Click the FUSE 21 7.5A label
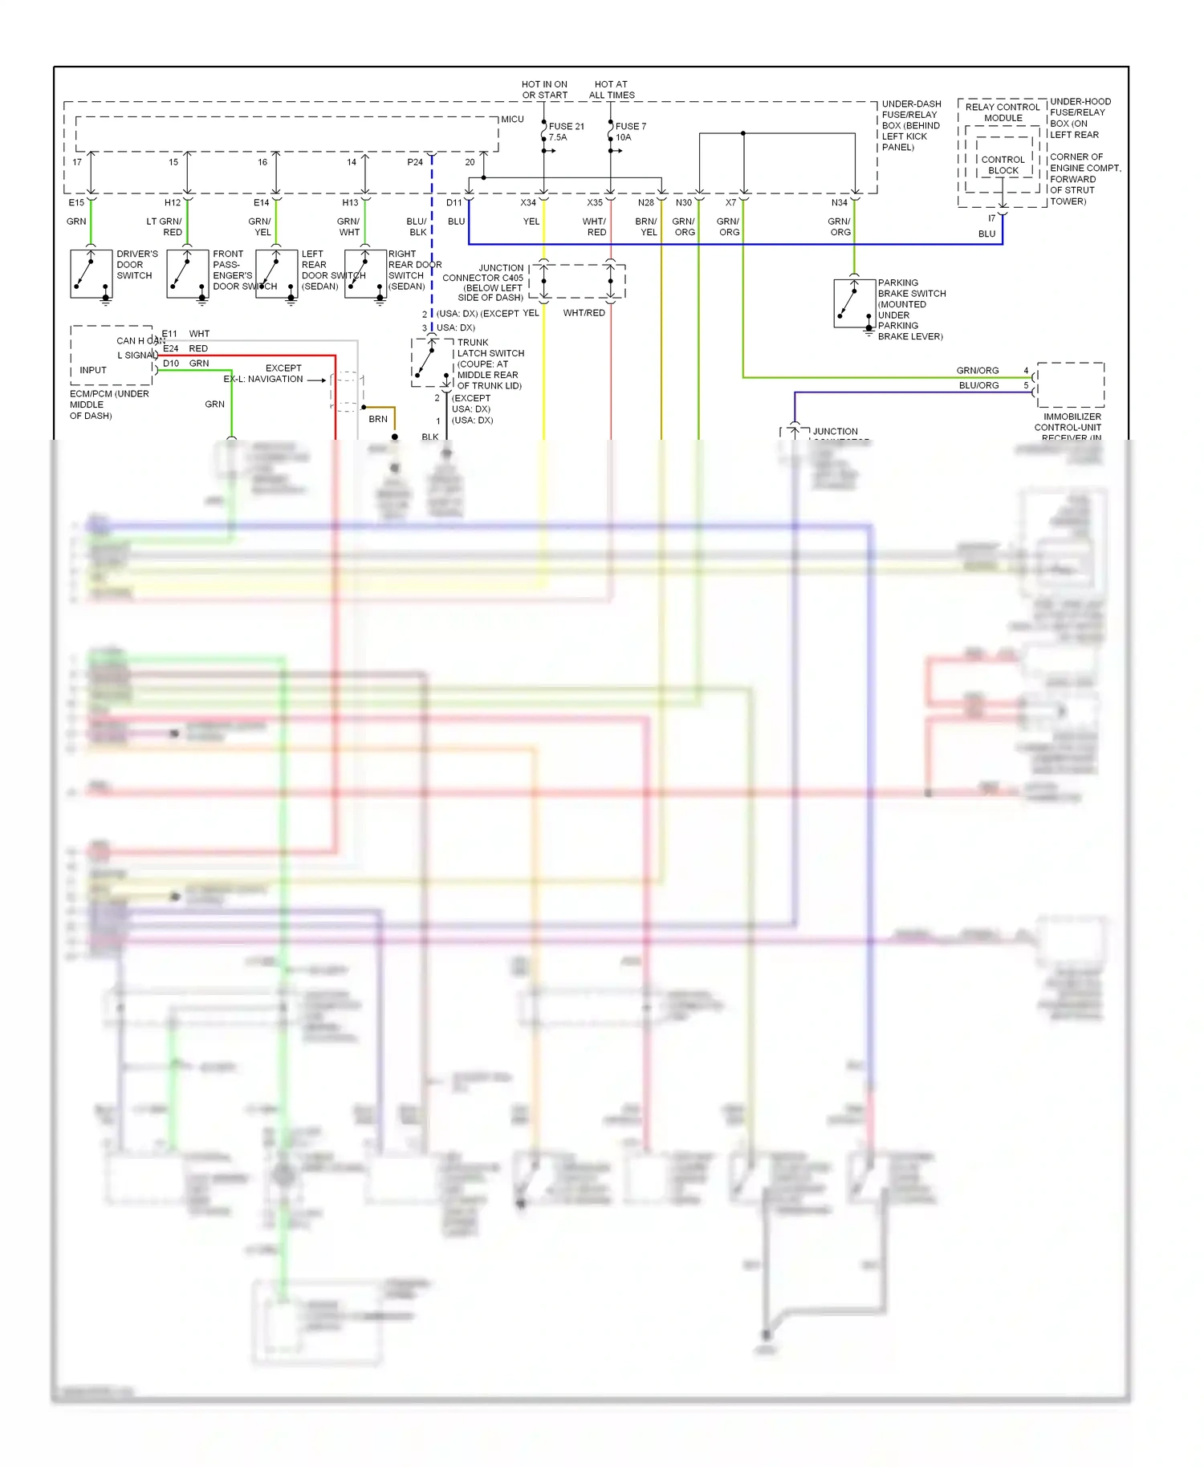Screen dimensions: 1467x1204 [x=566, y=132]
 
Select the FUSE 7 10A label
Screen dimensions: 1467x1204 [x=630, y=132]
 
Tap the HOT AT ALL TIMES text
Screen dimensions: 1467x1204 [x=612, y=90]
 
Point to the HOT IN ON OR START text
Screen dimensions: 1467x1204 [x=544, y=90]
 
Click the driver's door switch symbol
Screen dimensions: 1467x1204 [x=91, y=274]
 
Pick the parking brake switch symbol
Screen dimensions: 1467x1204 [x=854, y=303]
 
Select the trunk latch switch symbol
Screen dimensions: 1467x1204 [x=432, y=363]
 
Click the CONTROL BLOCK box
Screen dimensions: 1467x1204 [x=1003, y=165]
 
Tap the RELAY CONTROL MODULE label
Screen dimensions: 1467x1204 [x=1003, y=112]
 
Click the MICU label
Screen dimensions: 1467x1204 [x=512, y=120]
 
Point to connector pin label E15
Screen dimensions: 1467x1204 [x=76, y=203]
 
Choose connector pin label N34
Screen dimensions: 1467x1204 [x=839, y=203]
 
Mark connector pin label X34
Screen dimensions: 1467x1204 [x=527, y=203]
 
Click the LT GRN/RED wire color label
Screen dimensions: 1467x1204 [x=165, y=227]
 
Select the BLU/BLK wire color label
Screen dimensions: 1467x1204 [x=417, y=227]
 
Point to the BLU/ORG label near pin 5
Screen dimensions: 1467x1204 [x=978, y=385]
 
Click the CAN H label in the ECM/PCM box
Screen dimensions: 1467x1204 [x=131, y=341]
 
